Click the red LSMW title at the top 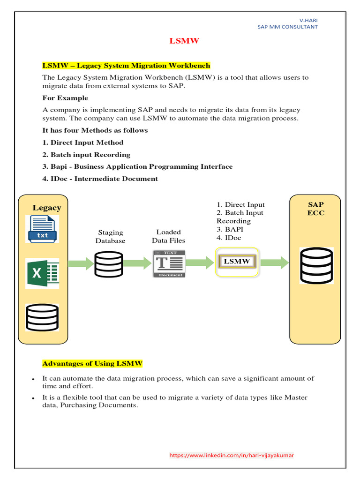[184, 41]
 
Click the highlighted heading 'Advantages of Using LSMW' [92, 363]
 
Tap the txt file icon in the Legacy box [43, 229]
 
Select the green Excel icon [42, 273]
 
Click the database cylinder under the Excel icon [42, 318]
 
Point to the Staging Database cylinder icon [108, 264]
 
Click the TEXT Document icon [169, 264]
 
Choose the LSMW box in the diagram [237, 261]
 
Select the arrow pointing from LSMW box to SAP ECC [275, 262]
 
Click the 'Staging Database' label [111, 236]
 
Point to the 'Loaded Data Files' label [169, 236]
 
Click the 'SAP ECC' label [316, 209]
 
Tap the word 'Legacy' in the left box [47, 208]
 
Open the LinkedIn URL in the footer [232, 455]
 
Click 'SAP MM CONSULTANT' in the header [287, 27]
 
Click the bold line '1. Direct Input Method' [83, 142]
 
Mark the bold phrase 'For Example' [65, 98]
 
